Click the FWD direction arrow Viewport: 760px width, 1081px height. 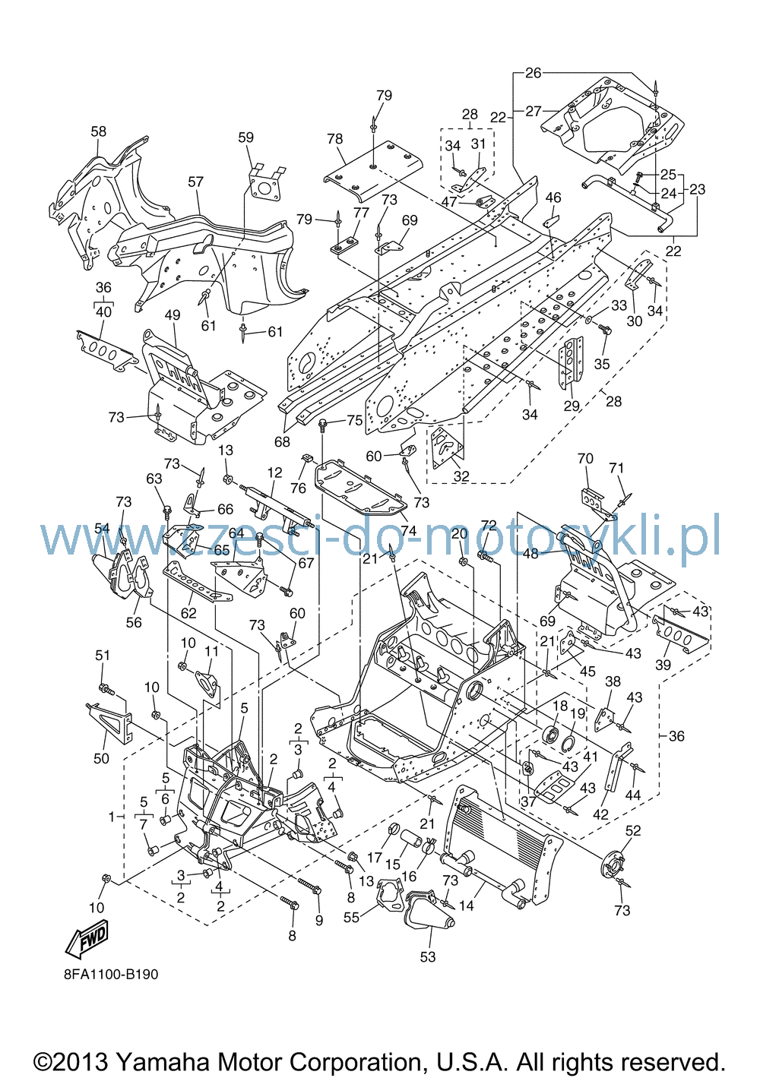87,939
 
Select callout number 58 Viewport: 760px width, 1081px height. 99,131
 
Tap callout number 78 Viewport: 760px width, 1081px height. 334,138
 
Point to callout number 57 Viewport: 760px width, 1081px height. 195,182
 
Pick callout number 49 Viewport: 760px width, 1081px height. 173,315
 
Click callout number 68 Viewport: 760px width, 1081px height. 283,441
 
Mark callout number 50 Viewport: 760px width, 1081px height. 101,759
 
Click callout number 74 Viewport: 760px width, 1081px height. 408,530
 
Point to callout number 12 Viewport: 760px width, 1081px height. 274,473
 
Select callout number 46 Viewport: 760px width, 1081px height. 553,198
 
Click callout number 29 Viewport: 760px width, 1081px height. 572,406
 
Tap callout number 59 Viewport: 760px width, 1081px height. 245,137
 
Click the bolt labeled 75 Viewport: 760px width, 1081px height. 322,424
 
